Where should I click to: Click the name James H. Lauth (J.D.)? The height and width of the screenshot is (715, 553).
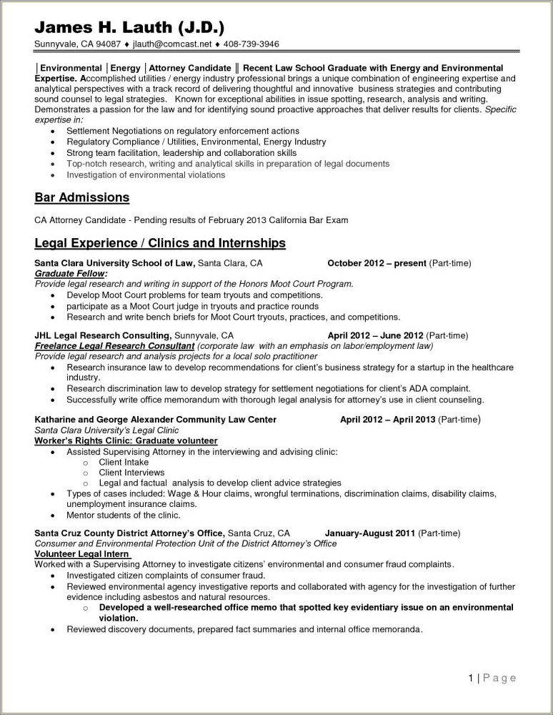129,28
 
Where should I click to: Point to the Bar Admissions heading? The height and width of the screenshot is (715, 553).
81,197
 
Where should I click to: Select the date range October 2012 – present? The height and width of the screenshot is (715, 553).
377,263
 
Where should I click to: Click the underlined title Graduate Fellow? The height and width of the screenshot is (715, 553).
71,273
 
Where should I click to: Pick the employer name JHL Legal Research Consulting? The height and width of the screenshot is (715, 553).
103,335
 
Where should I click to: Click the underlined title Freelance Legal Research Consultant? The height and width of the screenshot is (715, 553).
114,345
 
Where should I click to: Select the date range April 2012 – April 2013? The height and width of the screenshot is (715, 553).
387,419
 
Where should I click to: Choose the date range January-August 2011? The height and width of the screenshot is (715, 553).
370,533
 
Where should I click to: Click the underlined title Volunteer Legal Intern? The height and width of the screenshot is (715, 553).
81,554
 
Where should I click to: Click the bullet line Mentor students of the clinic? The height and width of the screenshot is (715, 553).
124,515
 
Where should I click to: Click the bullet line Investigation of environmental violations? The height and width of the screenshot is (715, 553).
146,174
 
